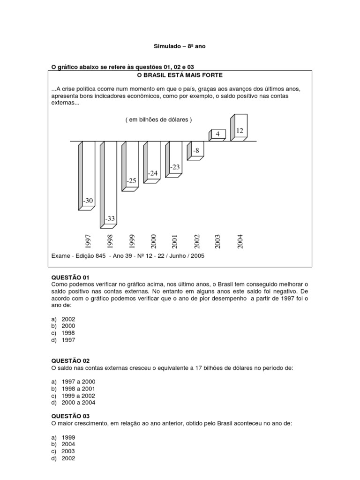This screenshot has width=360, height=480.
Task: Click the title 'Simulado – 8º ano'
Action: pos(180,46)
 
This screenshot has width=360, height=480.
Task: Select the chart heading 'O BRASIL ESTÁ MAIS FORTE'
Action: pos(180,75)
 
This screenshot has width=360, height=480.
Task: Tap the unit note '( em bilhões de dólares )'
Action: pos(158,120)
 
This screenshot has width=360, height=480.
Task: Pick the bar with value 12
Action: pos(240,128)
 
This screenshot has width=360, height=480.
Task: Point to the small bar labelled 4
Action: pos(217,135)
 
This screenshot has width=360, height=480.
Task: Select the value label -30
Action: pos(88,201)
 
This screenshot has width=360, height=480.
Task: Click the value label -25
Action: pos(132,180)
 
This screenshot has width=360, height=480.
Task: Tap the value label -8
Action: pos(196,150)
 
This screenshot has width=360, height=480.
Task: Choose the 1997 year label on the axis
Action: pos(88,241)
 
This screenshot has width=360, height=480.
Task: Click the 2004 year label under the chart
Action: pos(240,241)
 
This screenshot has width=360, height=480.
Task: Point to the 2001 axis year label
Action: pos(175,241)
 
